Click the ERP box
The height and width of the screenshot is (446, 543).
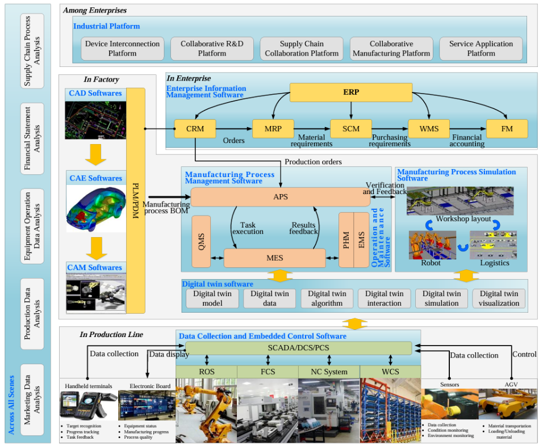[x=350, y=92]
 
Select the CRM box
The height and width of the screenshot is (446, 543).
[x=195, y=129]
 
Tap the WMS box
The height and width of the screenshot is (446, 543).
[x=429, y=129]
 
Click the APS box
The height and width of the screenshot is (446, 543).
[x=281, y=197]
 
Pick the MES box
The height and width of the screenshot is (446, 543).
[x=274, y=258]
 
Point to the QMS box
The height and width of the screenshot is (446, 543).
[x=201, y=241]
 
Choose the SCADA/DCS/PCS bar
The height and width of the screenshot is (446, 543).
[x=298, y=347]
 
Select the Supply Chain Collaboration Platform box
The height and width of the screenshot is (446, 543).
[x=302, y=49]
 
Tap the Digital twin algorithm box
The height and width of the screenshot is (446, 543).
[x=327, y=298]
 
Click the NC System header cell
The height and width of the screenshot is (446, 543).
[x=329, y=372]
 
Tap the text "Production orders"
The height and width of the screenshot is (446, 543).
[x=313, y=162]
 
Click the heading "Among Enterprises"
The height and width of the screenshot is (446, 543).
[x=95, y=10]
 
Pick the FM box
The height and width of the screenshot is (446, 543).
[x=507, y=129]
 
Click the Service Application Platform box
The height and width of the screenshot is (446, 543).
[x=481, y=49]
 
